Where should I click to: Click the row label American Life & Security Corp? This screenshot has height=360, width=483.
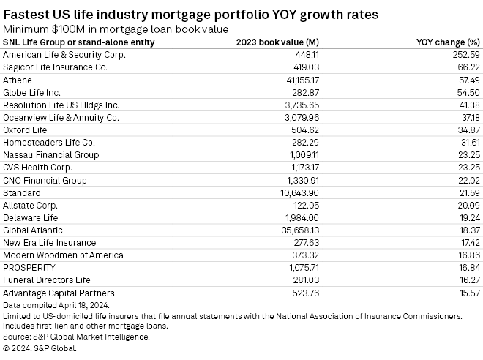click(64, 54)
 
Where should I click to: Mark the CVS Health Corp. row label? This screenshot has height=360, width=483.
click(39, 168)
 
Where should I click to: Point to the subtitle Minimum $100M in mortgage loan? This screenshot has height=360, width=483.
click(116, 29)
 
